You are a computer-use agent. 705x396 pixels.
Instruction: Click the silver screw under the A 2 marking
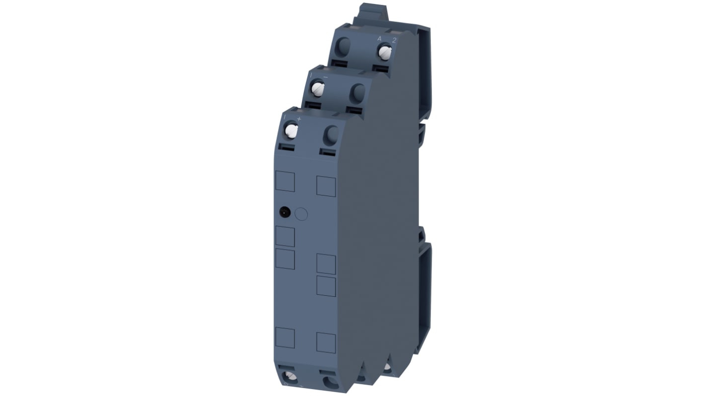pyautogui.click(x=385, y=51)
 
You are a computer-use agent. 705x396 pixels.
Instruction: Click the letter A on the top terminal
pyautogui.click(x=379, y=39)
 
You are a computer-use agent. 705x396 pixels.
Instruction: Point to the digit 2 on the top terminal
pyautogui.click(x=394, y=40)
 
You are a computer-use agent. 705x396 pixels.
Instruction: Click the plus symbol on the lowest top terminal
pyautogui.click(x=299, y=119)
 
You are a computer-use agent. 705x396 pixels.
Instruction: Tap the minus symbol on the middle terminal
pyautogui.click(x=325, y=78)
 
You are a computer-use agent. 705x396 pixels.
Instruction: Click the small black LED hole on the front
pyautogui.click(x=285, y=213)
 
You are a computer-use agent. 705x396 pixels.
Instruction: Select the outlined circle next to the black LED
pyautogui.click(x=301, y=214)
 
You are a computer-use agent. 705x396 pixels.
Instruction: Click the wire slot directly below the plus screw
pyautogui.click(x=287, y=147)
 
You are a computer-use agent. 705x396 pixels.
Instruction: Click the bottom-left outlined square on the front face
pyautogui.click(x=285, y=338)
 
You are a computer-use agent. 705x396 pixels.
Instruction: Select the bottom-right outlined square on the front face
pyautogui.click(x=326, y=342)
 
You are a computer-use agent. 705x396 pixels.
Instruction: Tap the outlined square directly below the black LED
pyautogui.click(x=285, y=236)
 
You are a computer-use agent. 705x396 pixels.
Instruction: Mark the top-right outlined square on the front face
pyautogui.click(x=326, y=186)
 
